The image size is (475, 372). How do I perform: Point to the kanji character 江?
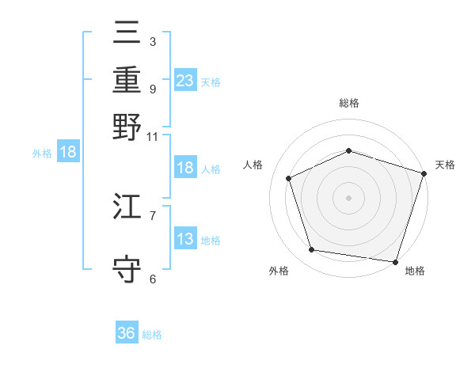127,208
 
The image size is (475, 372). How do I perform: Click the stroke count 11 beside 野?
152,136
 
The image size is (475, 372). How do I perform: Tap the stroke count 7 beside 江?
152,214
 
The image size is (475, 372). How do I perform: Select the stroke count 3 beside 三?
152,40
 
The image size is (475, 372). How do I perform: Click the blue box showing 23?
185,80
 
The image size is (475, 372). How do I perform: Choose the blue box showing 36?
127,333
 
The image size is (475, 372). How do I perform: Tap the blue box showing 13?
185,239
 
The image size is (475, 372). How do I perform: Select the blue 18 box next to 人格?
185,168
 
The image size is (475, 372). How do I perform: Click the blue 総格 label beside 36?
152,335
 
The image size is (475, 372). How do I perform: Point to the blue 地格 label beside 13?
211,241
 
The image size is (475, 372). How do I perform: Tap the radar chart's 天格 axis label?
445,165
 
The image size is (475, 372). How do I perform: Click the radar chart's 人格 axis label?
253,165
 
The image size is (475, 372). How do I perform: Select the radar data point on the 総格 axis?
348,150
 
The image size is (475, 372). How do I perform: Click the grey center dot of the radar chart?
348,198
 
